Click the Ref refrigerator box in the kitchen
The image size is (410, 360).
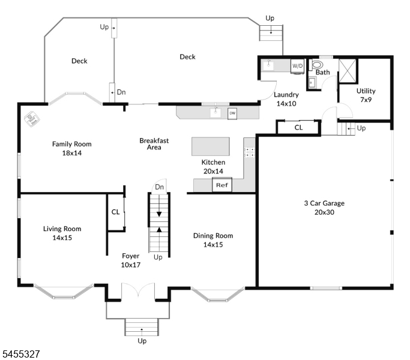222,185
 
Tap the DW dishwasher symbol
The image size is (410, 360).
232,113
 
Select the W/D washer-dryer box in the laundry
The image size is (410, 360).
297,66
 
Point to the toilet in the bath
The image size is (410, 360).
316,64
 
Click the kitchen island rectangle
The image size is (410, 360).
211,146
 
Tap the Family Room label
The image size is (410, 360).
72,144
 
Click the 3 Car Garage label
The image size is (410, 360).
324,203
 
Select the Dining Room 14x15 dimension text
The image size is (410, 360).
213,245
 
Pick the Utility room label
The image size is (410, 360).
366,91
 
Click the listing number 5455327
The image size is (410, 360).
21,354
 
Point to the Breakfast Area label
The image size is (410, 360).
154,144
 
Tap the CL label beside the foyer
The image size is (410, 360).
115,212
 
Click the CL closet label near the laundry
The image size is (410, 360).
298,127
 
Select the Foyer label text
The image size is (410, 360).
130,256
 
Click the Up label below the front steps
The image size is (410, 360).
142,341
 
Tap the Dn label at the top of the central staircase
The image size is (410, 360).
159,187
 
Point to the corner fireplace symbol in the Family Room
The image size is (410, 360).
32,119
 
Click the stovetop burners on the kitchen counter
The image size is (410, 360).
250,152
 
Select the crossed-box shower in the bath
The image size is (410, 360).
348,71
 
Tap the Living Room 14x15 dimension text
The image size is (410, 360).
62,238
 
